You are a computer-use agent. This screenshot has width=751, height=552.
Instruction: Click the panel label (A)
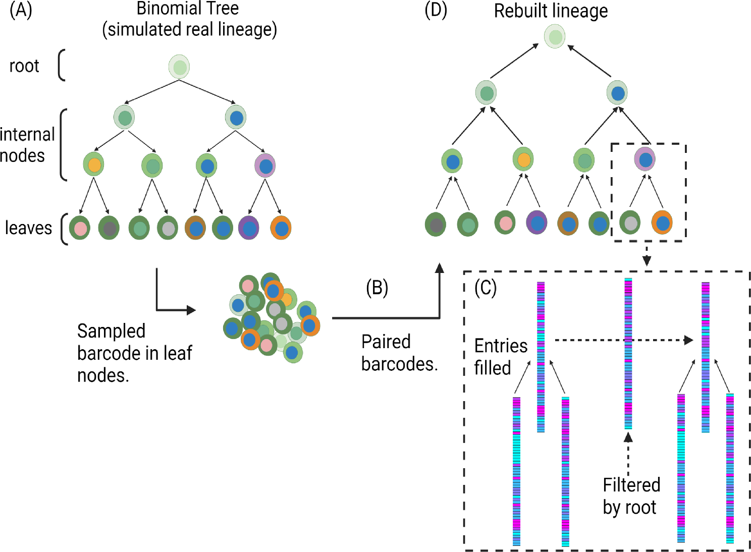point(21,10)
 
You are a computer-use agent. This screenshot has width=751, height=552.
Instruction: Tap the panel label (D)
point(436,10)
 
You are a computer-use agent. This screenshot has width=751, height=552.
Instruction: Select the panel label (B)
point(377,288)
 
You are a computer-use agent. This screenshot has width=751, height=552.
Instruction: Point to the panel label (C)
point(486,288)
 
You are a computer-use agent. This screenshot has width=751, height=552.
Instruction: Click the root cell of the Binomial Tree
point(179,67)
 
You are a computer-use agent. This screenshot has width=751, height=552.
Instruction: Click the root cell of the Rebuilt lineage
point(555,37)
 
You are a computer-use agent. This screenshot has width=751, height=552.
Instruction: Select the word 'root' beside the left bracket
point(24,66)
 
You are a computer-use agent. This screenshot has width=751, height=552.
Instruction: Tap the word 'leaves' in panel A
point(28,228)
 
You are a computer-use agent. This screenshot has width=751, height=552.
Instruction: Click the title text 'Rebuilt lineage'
point(551,11)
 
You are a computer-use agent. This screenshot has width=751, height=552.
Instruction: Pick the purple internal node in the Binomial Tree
point(265,165)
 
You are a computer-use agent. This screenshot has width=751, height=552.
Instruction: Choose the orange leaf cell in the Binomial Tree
point(281,228)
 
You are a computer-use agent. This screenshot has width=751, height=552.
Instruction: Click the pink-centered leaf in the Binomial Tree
point(80,228)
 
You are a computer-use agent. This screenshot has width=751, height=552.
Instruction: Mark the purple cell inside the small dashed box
point(645,159)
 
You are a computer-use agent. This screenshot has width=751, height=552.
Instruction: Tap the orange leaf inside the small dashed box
point(662,223)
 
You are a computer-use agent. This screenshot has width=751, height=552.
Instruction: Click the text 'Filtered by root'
point(631,495)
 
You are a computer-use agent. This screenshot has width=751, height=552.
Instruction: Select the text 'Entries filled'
point(501,357)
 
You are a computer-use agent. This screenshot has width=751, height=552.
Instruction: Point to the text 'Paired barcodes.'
point(399,353)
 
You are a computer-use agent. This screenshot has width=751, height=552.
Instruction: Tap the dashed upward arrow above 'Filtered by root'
point(628,454)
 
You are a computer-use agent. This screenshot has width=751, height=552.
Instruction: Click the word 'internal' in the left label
point(27,134)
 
